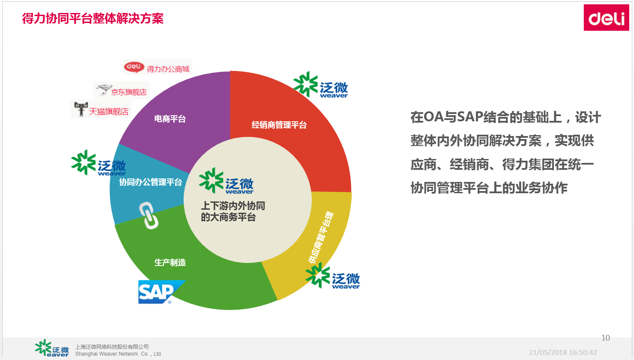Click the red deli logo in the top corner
(606, 18)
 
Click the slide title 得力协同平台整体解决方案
(93, 19)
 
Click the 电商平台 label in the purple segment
(170, 119)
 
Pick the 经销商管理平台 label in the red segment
(279, 125)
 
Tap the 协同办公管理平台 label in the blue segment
(150, 182)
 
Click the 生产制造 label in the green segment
(170, 263)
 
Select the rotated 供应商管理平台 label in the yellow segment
(321, 237)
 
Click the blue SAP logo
(162, 292)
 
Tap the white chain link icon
(149, 215)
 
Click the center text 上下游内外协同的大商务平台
(233, 211)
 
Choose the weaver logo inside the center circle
(226, 181)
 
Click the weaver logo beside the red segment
(320, 84)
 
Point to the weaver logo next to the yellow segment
(333, 276)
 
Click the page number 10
(605, 338)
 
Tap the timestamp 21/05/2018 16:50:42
(563, 353)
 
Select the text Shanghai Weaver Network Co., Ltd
(118, 354)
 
